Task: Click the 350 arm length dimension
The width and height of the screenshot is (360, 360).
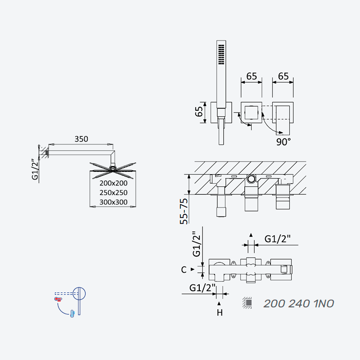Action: [x=81, y=139]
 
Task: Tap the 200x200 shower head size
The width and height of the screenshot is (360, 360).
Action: [x=113, y=183]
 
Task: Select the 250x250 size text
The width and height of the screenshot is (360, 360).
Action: [x=113, y=193]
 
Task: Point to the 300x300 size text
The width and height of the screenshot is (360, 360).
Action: [x=113, y=202]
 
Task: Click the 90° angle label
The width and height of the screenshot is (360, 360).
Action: [x=283, y=142]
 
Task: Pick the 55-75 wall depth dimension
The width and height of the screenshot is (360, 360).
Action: [x=184, y=211]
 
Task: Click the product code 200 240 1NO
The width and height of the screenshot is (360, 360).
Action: [x=299, y=304]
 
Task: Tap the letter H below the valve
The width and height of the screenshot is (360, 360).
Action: [x=220, y=312]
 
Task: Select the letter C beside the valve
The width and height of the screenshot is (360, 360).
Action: [x=184, y=270]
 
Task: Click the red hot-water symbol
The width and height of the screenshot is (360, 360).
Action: [x=58, y=299]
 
